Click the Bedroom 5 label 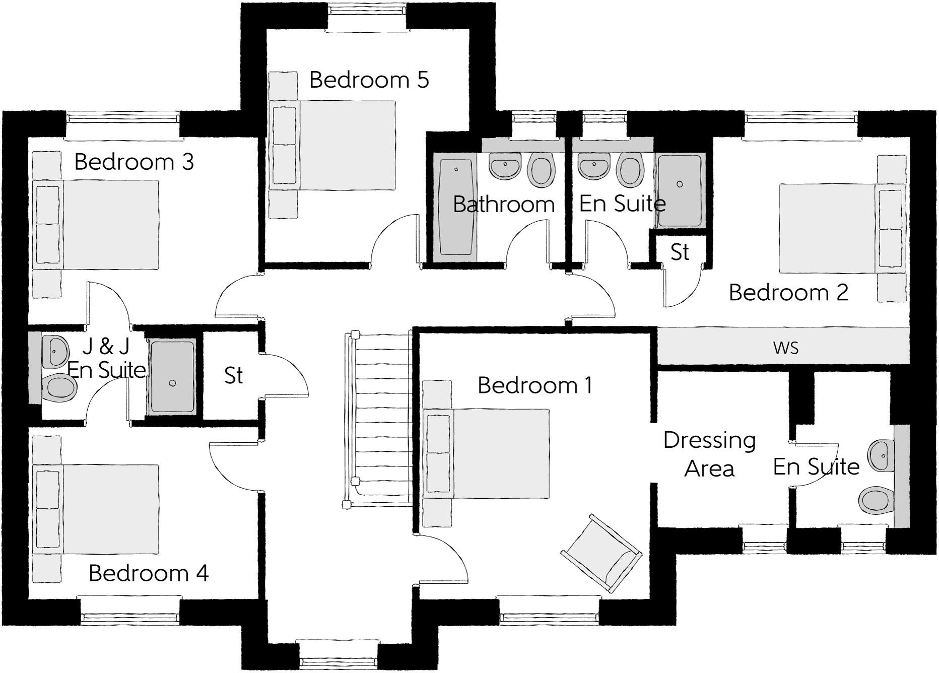369,80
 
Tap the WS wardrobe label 786,348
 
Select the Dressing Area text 709,454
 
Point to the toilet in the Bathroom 542,170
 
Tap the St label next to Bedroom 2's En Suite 680,252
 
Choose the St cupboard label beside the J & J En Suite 233,376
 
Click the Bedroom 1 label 534,385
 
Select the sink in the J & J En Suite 55,351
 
